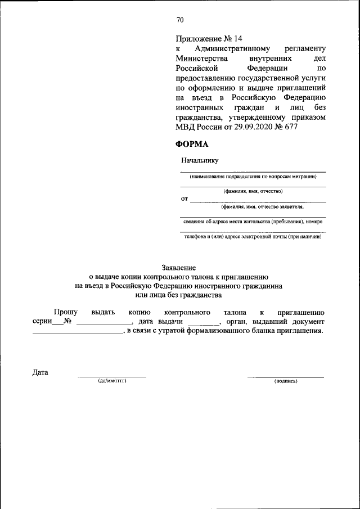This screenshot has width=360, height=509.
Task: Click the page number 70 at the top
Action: (x=180, y=20)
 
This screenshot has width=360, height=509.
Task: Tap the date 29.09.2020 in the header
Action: (x=248, y=127)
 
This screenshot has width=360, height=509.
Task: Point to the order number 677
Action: (x=290, y=127)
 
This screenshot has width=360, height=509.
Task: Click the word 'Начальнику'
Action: (x=200, y=160)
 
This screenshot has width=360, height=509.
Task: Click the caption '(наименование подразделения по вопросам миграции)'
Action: (x=253, y=177)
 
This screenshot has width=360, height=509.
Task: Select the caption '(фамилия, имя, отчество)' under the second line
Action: (x=253, y=191)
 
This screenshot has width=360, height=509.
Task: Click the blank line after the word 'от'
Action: (x=258, y=200)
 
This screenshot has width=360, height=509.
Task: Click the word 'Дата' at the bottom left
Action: (x=41, y=372)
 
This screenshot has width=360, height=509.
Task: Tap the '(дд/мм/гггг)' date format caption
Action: (x=111, y=381)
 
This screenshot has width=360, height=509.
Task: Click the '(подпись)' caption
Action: (x=286, y=381)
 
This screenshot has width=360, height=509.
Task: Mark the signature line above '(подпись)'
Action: (x=286, y=376)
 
